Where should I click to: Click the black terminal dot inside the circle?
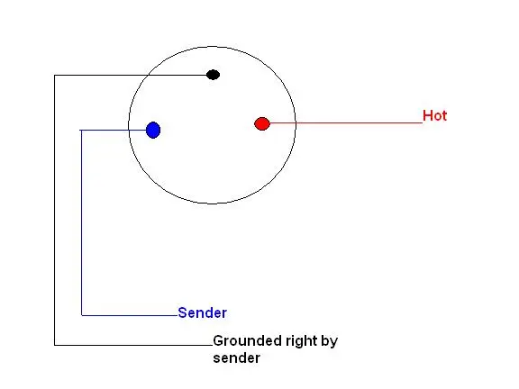pos(213,75)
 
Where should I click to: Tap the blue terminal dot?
pos(153,130)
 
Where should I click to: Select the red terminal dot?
pos(262,123)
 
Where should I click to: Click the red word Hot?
pos(434,116)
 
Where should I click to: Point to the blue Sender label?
pos(202,313)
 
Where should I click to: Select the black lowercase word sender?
pos(237,358)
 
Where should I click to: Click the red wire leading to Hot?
pos(346,123)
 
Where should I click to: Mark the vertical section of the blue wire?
pos(81,222)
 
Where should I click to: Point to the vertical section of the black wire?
pos(55,211)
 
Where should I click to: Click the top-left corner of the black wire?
pos(55,76)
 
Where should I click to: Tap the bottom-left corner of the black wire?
pos(55,346)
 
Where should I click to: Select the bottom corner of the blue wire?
pos(81,315)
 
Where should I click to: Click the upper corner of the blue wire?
pos(81,131)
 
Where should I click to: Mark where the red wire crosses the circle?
pos(296,123)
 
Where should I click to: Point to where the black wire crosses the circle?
pos(148,76)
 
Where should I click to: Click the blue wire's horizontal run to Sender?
pos(130,315)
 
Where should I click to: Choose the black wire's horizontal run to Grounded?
pos(133,346)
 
